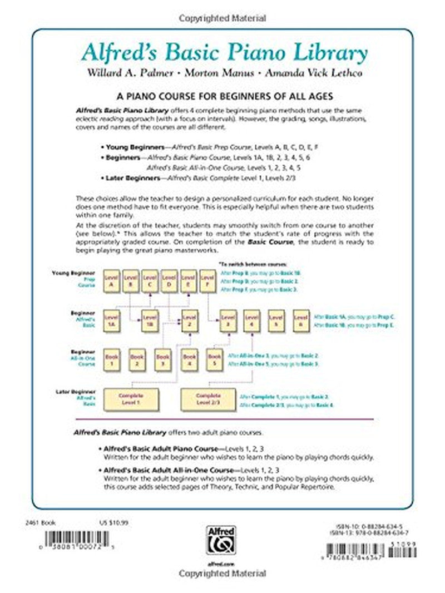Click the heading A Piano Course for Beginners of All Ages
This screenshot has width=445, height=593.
point(222,96)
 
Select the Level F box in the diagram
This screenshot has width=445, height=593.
point(207,282)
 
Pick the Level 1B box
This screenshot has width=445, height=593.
point(149,321)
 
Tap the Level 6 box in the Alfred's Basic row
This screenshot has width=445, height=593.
point(301,321)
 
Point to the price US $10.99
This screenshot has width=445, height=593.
point(105,522)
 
